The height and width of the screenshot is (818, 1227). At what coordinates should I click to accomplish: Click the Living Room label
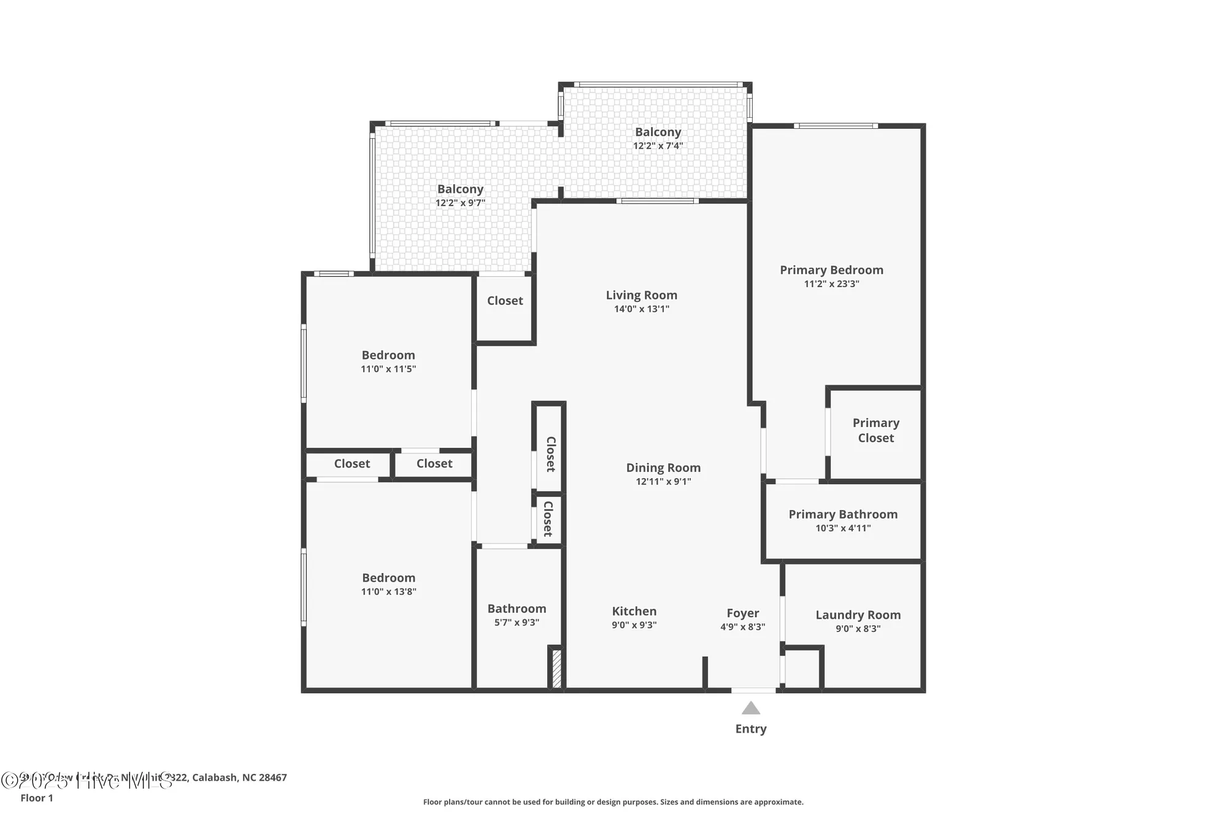point(641,295)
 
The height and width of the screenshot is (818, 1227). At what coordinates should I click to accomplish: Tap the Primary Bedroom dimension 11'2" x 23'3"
point(831,284)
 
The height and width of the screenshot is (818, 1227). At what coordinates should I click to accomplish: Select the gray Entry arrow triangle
point(750,709)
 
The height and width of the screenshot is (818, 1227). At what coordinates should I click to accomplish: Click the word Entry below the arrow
point(750,729)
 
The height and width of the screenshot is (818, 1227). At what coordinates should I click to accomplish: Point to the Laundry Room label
point(858,615)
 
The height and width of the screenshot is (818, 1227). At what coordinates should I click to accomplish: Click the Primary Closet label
point(875,430)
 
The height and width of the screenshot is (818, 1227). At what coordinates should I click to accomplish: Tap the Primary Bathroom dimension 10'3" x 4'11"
point(843,528)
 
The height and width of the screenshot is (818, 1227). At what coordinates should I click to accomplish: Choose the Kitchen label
point(634,611)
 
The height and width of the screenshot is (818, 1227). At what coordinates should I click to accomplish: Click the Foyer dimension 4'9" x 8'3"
point(742,627)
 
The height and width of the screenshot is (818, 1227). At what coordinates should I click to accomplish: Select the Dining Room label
point(663,468)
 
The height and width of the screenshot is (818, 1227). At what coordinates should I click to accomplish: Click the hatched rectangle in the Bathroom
point(556,669)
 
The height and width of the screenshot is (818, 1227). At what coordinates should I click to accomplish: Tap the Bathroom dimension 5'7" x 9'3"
point(517,623)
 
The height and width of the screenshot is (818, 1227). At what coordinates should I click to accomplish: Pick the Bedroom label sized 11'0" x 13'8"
point(388,578)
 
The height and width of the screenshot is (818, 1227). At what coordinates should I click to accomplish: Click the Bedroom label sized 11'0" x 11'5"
point(388,355)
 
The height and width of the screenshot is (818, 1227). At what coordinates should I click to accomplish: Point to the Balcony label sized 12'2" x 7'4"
point(658,132)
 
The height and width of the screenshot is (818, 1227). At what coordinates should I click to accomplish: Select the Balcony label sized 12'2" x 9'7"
point(460,190)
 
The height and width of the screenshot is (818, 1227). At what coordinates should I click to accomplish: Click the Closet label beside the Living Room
point(505,301)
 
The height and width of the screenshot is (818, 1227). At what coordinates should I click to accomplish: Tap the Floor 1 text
point(37,798)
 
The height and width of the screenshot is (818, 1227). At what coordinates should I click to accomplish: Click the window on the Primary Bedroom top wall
point(836,126)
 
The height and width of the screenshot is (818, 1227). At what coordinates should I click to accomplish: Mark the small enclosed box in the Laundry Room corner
point(802,669)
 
